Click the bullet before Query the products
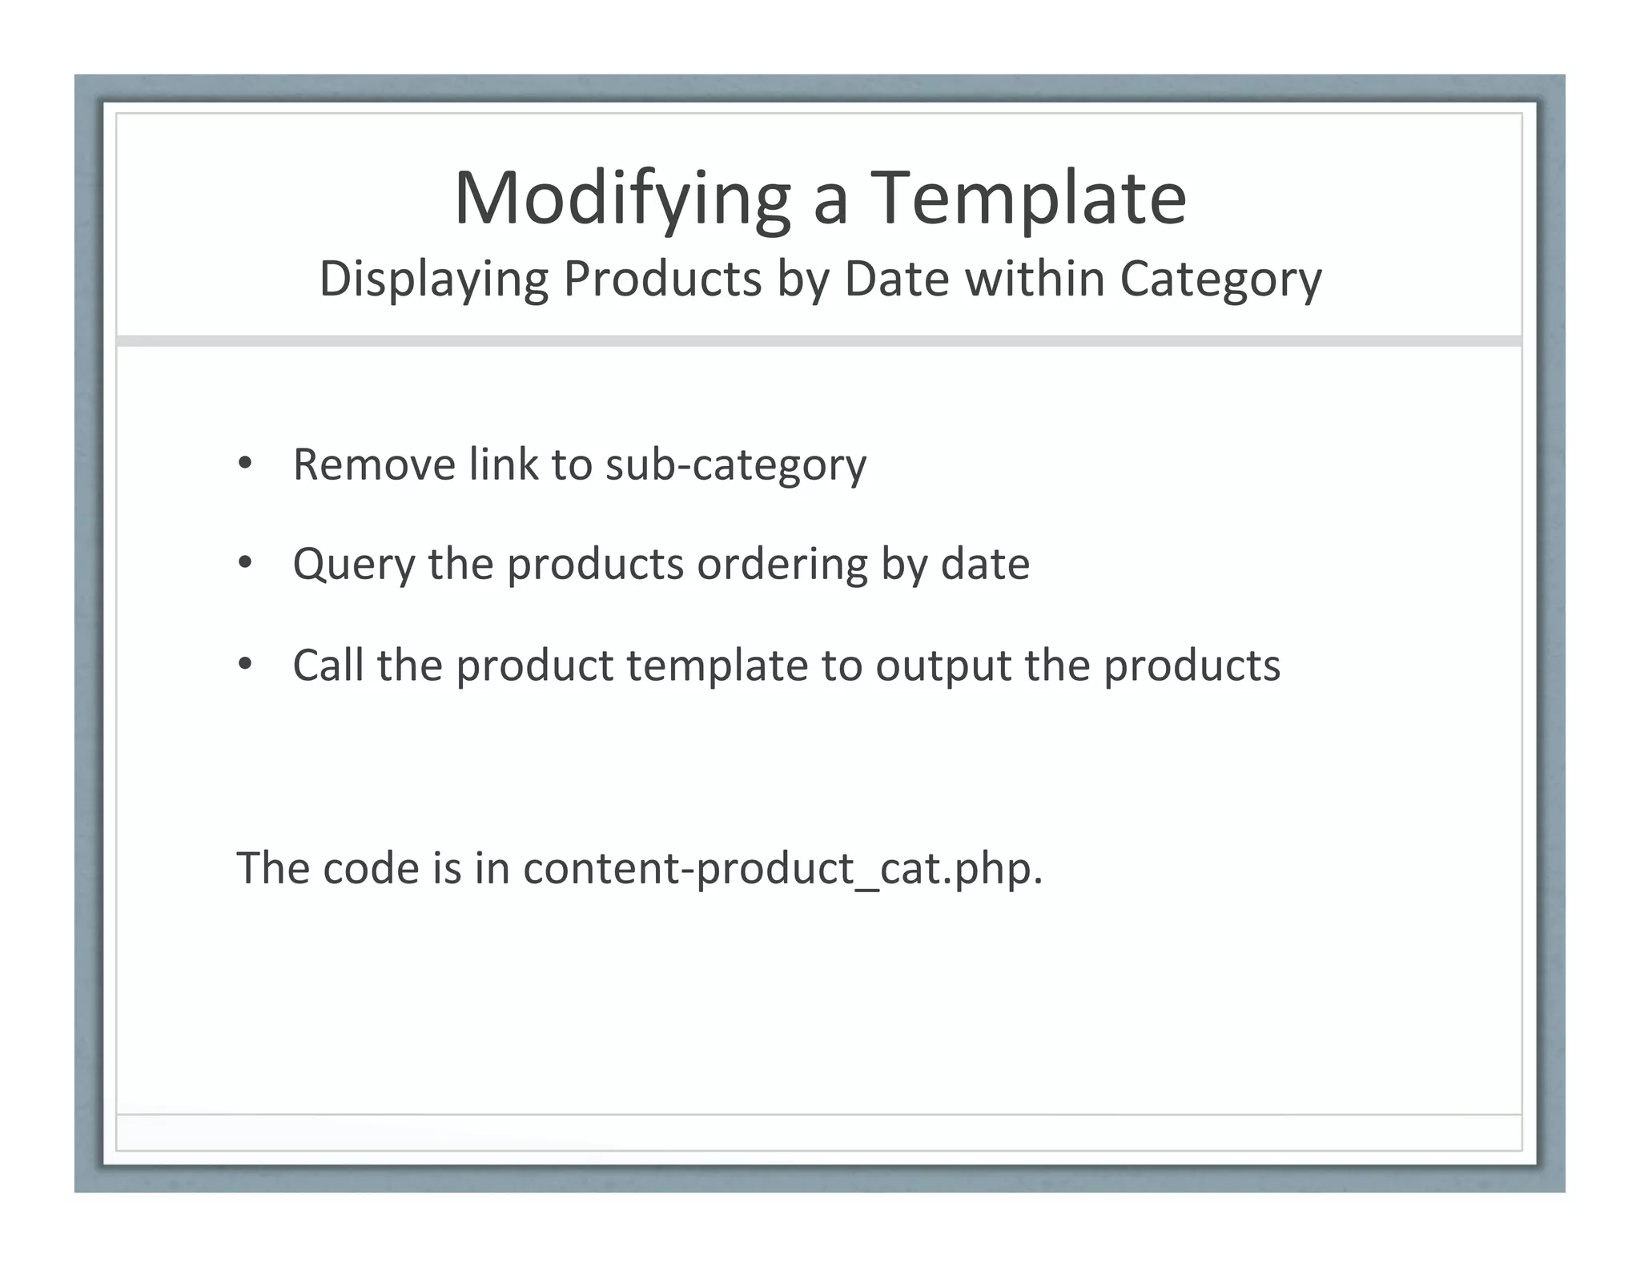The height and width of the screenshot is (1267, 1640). [x=245, y=563]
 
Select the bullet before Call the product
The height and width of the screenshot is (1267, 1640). [x=245, y=664]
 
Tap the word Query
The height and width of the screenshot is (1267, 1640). [x=353, y=565]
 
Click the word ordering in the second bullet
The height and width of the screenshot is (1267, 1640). [x=782, y=565]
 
